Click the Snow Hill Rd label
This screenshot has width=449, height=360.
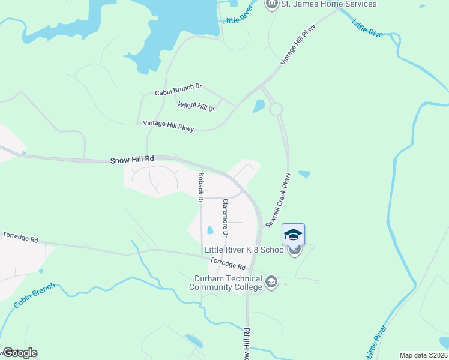pyautogui.click(x=133, y=160)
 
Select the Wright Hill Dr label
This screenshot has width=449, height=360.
pyautogui.click(x=196, y=107)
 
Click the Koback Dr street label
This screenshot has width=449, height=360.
pyautogui.click(x=202, y=187)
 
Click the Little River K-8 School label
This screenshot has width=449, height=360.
pyautogui.click(x=244, y=250)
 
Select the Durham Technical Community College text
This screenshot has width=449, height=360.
pyautogui.click(x=226, y=283)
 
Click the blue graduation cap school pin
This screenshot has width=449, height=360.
pyautogui.click(x=293, y=235)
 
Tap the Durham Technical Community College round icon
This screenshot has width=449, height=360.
pyautogui.click(x=271, y=281)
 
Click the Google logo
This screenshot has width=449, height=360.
pyautogui.click(x=19, y=353)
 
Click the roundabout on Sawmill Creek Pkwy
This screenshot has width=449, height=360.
pyautogui.click(x=276, y=109)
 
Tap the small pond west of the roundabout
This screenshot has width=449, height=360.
pyautogui.click(x=258, y=106)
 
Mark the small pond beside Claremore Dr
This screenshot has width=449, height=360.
pyautogui.click(x=209, y=230)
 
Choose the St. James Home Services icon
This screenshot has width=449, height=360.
pyautogui.click(x=271, y=5)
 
